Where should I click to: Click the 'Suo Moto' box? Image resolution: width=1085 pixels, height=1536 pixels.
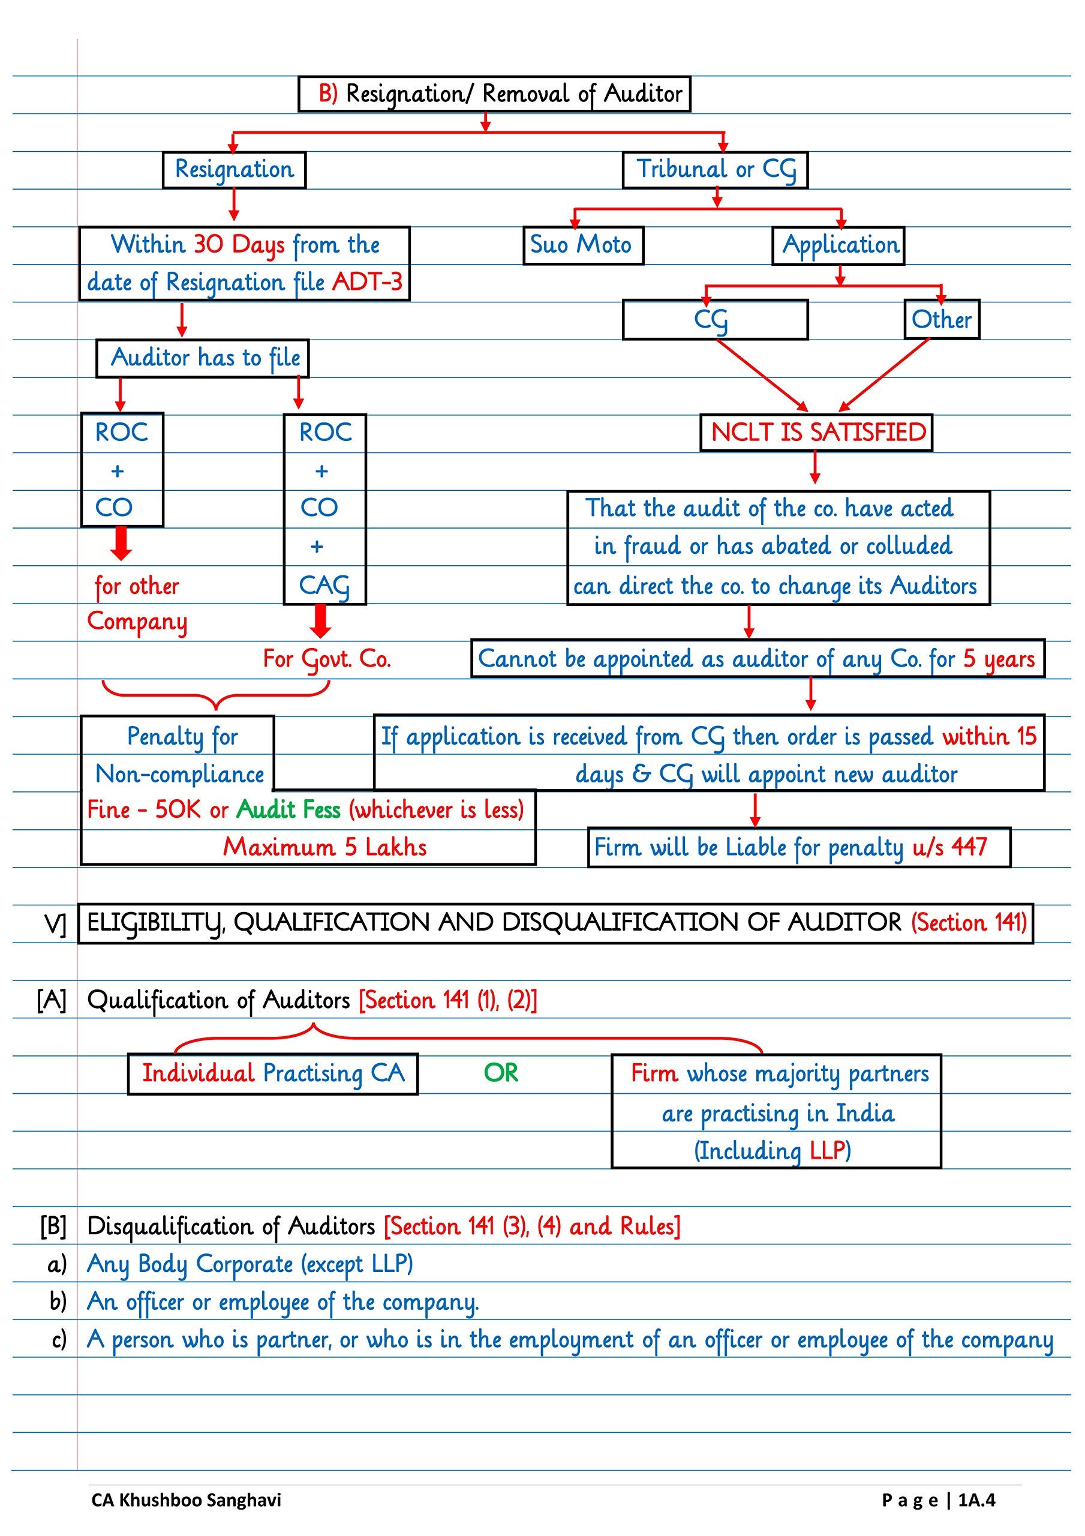tap(582, 245)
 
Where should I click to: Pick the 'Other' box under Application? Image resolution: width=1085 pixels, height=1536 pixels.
tap(941, 319)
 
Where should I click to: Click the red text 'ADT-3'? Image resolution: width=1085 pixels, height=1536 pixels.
tap(367, 281)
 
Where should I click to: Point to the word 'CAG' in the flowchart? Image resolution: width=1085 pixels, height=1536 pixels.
tap(324, 586)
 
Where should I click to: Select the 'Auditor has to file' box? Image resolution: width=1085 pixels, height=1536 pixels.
tap(203, 358)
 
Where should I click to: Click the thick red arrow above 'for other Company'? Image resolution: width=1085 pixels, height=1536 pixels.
tap(121, 542)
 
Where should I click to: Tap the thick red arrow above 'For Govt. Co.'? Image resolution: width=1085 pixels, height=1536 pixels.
tap(321, 621)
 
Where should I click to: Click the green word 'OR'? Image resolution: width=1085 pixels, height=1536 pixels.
tap(501, 1073)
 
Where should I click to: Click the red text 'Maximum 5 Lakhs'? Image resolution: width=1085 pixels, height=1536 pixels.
tap(324, 847)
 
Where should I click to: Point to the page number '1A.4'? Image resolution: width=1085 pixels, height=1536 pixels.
tap(976, 1500)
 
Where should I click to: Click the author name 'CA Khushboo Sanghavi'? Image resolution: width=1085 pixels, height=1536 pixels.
tap(186, 1500)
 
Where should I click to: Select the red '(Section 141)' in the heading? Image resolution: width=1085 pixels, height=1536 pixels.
tap(969, 923)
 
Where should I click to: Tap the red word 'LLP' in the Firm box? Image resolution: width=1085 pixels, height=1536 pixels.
tap(828, 1151)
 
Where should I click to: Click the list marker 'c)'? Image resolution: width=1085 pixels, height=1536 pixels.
tap(59, 1339)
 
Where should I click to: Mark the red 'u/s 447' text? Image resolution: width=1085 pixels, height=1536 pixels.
tap(949, 847)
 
